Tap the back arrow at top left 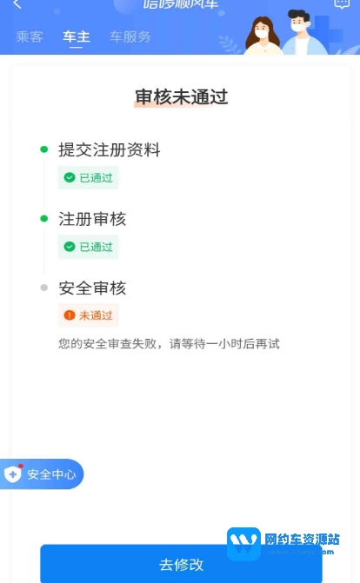tap(17, 5)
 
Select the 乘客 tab tap(30, 36)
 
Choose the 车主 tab tap(77, 36)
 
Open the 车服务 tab tap(130, 36)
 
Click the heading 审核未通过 tap(181, 96)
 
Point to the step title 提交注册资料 tap(110, 149)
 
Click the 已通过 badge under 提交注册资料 tap(88, 177)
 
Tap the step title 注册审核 tap(92, 218)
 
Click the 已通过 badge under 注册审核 tap(88, 247)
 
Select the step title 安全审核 tap(92, 288)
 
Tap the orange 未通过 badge tap(88, 315)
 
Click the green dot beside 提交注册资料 tap(44, 149)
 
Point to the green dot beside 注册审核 tap(44, 218)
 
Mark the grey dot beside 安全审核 tap(44, 288)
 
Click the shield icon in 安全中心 tap(13, 474)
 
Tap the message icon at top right tap(342, 4)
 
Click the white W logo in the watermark tap(243, 543)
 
